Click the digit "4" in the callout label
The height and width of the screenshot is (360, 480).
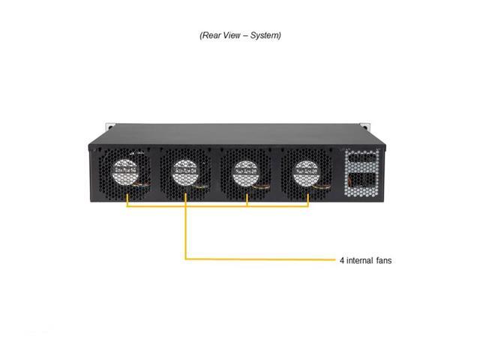342,261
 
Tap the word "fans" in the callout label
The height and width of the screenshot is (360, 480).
382,261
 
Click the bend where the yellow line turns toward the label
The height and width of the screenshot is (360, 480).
186,259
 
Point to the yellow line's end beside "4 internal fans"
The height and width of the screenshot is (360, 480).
334,259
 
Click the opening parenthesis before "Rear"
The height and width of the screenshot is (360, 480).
200,34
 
